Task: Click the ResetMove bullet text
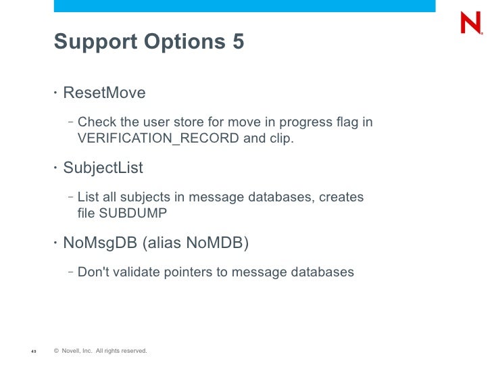point(104,93)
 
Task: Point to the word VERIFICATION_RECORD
point(157,139)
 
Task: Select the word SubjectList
point(103,167)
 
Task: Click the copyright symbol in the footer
point(56,351)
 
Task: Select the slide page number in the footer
point(33,351)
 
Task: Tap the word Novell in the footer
point(71,351)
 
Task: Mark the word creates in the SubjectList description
point(341,197)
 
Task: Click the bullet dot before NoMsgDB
point(56,242)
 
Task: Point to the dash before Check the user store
point(71,122)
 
